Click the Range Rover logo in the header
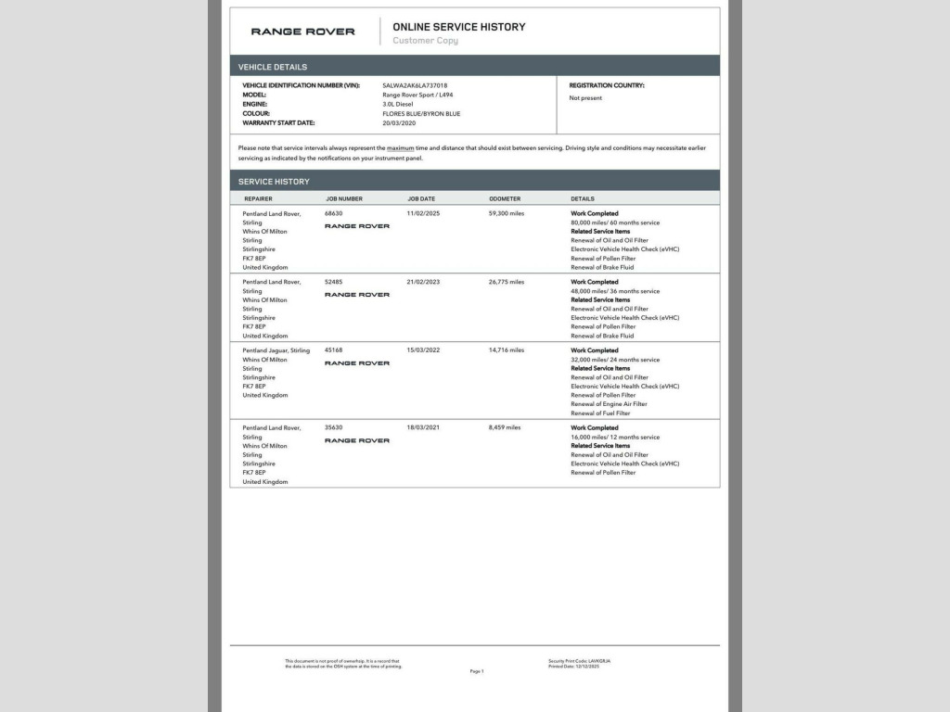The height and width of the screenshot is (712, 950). (302, 32)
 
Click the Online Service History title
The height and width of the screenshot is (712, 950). (458, 27)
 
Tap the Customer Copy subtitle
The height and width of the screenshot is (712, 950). (425, 41)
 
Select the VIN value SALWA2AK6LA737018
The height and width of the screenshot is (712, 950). (415, 85)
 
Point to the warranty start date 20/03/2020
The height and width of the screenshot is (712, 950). (399, 123)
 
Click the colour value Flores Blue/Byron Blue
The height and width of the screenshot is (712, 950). (421, 114)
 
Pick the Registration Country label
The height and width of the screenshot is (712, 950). (607, 85)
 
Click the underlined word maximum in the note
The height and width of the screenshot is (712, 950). (400, 148)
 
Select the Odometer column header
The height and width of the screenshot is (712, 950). (505, 198)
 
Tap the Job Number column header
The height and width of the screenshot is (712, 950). (343, 198)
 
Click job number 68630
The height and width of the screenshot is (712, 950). (333, 213)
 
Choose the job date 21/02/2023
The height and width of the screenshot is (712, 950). (423, 282)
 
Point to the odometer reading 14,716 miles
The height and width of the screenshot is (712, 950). (507, 350)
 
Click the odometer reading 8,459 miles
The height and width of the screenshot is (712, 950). (505, 427)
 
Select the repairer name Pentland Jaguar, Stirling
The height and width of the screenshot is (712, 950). (276, 350)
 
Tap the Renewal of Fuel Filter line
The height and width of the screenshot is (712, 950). (600, 413)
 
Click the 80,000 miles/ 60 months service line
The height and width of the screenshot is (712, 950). (615, 222)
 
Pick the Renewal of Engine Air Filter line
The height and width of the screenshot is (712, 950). (609, 404)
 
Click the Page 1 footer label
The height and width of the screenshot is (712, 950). (477, 671)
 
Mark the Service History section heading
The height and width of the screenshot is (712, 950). (274, 182)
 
